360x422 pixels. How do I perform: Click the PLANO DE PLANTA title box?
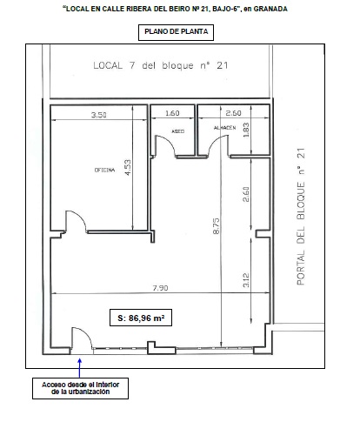(x=176, y=32)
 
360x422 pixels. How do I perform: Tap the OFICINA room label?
(x=104, y=170)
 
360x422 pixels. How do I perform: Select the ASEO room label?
(x=178, y=131)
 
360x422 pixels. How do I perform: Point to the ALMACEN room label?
(x=224, y=128)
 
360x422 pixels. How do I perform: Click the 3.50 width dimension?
(x=99, y=115)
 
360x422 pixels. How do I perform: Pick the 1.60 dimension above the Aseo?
(x=172, y=113)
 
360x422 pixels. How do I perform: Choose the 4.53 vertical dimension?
(x=128, y=167)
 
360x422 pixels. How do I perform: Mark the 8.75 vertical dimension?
(x=217, y=226)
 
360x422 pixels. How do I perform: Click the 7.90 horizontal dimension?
(x=160, y=288)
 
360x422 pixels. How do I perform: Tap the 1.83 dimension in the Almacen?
(x=246, y=130)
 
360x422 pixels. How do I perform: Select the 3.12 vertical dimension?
(x=246, y=280)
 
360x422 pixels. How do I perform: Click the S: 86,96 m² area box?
(x=141, y=318)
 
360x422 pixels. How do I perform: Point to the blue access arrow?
(x=80, y=368)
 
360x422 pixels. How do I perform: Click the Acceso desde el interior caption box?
(x=80, y=388)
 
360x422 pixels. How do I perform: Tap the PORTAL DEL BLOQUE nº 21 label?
(x=301, y=217)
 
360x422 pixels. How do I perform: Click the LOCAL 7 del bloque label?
(x=161, y=65)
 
